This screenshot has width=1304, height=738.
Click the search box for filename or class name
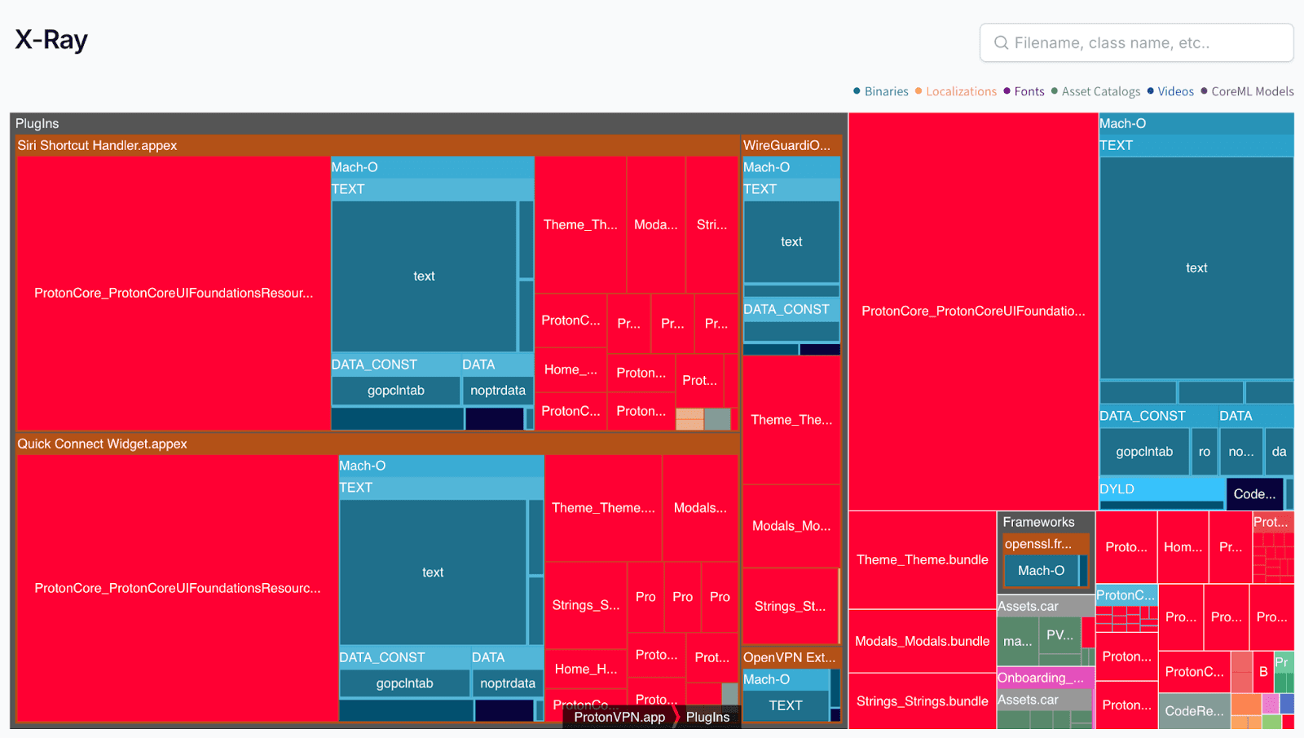point(1136,42)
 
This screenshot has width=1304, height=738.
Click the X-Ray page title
point(51,40)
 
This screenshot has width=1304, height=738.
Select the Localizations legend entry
point(960,91)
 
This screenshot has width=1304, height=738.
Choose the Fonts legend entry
point(1029,91)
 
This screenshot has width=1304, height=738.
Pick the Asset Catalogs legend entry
point(1100,91)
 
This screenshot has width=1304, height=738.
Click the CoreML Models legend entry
point(1252,91)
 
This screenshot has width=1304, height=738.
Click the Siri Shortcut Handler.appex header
point(97,145)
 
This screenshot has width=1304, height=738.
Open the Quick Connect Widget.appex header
point(102,444)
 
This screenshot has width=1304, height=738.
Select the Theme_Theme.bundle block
point(922,559)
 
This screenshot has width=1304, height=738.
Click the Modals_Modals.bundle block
point(922,641)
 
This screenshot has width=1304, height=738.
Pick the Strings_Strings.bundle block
point(922,701)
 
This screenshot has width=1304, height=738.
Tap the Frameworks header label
point(1038,522)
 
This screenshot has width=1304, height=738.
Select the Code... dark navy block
point(1254,494)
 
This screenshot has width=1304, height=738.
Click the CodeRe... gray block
point(1194,711)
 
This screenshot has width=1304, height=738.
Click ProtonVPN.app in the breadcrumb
point(619,717)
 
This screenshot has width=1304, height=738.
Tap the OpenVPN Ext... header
point(789,657)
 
